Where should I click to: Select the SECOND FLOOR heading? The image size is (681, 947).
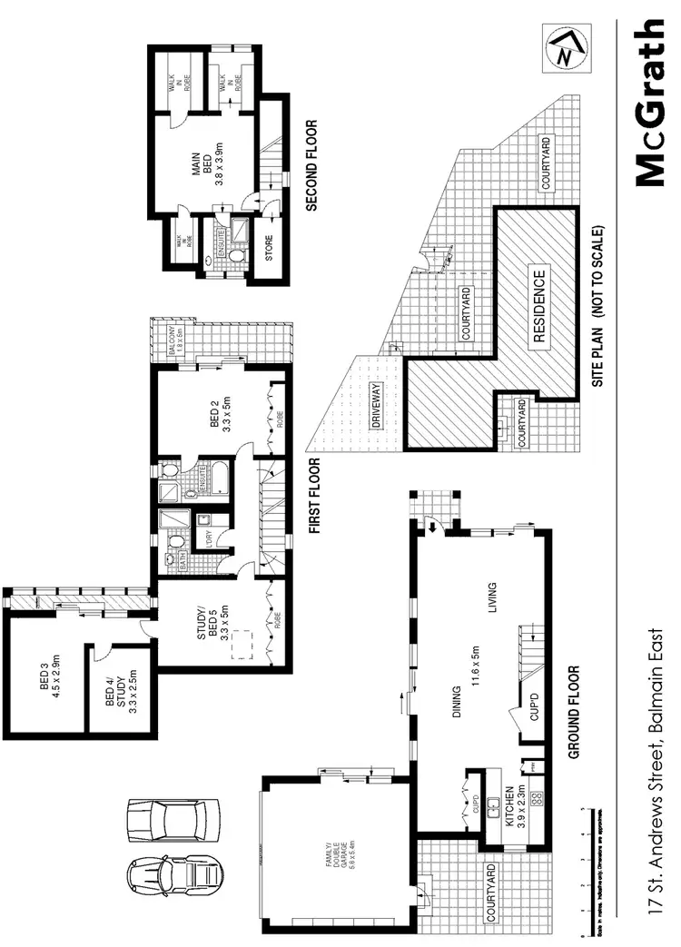pyautogui.click(x=311, y=166)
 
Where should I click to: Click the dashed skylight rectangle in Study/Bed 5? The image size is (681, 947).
pyautogui.click(x=239, y=645)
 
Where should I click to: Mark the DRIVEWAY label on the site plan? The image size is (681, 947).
pyautogui.click(x=374, y=406)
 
